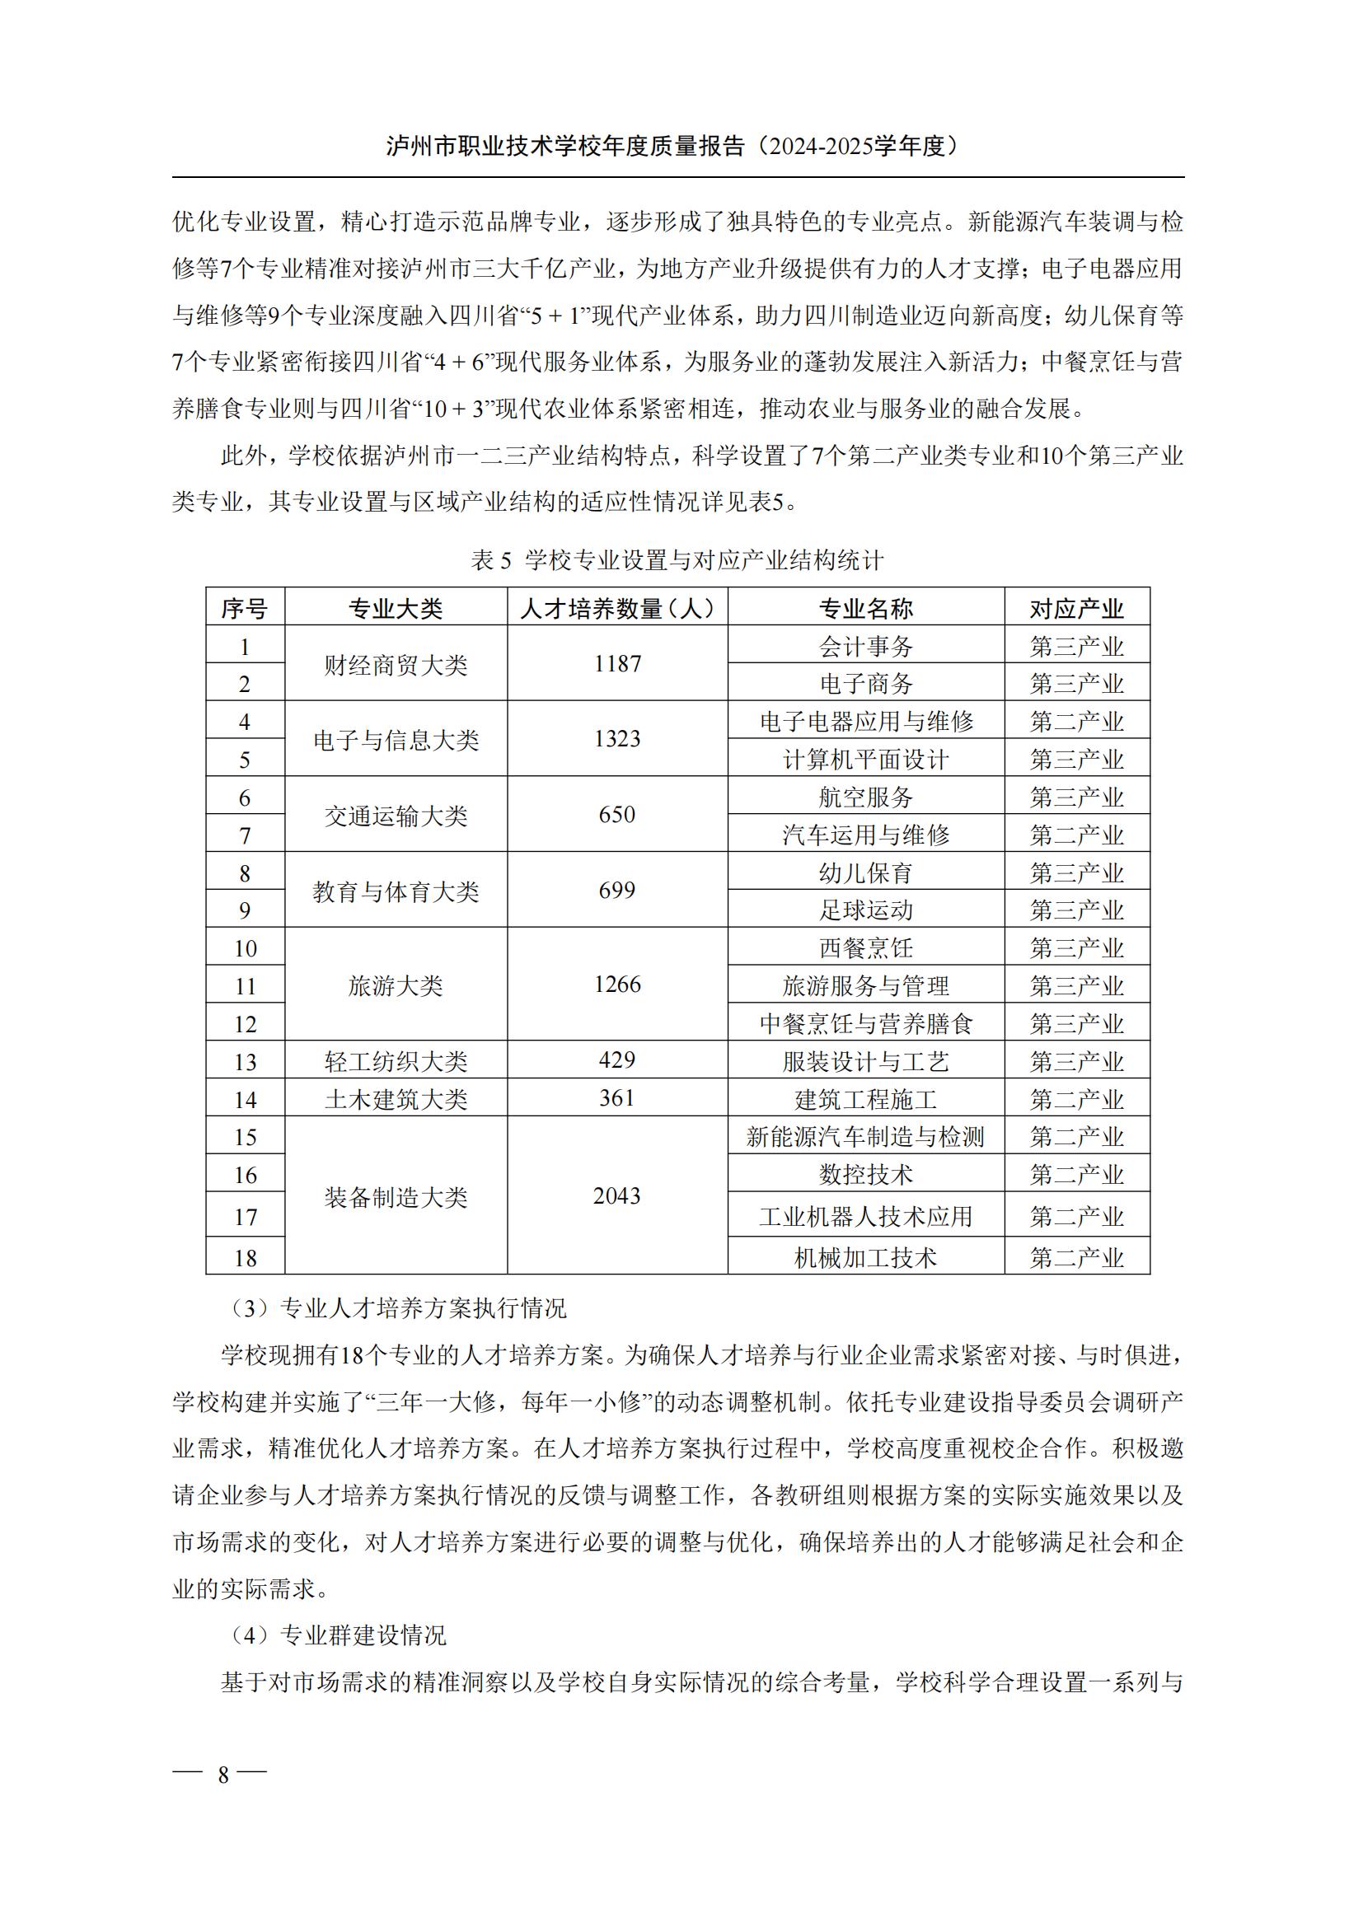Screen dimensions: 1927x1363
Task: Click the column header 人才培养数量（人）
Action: click(617, 608)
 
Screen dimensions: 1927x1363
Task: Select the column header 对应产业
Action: click(1076, 608)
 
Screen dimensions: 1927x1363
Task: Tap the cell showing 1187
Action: click(617, 664)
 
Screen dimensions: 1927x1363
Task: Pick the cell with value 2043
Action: click(617, 1196)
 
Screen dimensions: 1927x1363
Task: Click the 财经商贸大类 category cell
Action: click(396, 666)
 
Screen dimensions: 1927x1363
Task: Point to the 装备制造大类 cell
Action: click(396, 1197)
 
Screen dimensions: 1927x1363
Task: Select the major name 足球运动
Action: click(865, 910)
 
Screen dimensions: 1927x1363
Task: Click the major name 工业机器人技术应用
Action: click(865, 1216)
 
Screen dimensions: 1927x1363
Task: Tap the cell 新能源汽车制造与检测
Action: click(865, 1136)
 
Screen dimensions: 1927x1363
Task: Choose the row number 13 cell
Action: click(245, 1062)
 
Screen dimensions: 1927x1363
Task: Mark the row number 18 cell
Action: click(245, 1257)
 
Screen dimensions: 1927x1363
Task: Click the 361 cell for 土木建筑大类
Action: click(617, 1097)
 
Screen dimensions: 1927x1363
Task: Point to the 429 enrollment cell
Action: click(617, 1059)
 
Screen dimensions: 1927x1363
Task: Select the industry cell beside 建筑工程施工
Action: click(1076, 1099)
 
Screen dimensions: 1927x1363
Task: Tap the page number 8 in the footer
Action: click(223, 1774)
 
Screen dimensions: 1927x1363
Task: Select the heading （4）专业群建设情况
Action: click(337, 1635)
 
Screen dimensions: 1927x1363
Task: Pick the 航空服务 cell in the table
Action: click(865, 797)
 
